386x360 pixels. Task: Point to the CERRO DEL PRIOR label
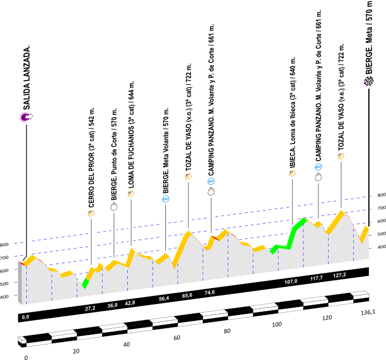pos(91,156)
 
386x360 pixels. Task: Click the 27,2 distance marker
pos(90,308)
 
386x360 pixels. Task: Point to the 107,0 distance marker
pos(291,281)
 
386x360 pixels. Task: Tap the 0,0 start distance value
pos(25,318)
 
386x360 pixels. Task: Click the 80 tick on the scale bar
pos(227,331)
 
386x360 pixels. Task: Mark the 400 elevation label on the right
pos(381,247)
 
